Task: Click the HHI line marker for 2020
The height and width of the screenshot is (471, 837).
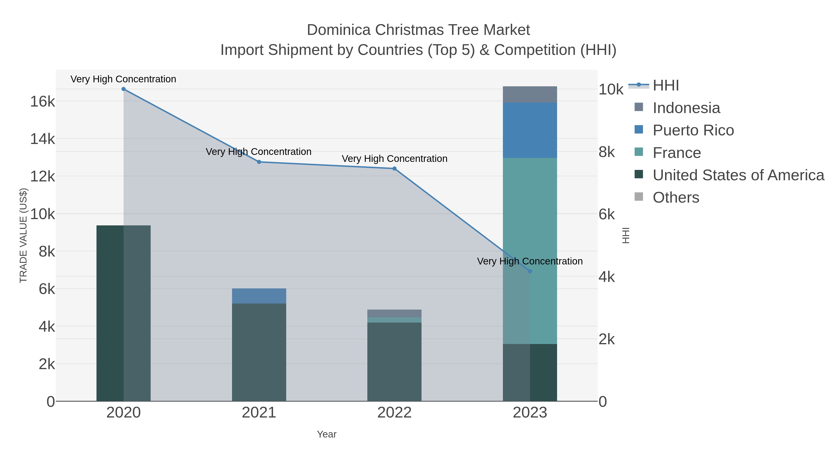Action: pos(123,89)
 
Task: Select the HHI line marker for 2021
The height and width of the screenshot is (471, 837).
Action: pos(259,162)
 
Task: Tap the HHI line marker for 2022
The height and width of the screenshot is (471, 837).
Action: pos(395,168)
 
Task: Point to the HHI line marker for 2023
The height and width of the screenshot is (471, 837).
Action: pos(530,271)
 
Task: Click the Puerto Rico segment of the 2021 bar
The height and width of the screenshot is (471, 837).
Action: pos(259,296)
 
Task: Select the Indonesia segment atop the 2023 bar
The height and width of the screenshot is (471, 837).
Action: pos(530,95)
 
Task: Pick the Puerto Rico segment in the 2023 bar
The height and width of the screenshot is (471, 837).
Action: pos(530,130)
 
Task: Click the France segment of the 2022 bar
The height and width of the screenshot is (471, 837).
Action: pos(395,320)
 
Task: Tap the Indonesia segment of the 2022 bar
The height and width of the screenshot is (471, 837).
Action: pos(395,313)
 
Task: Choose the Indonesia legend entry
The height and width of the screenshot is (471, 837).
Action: pos(686,108)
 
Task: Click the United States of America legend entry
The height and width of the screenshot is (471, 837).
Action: pos(738,175)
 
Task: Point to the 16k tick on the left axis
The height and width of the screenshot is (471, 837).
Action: pos(43,102)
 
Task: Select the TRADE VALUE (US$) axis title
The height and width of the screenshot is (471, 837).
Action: pos(23,235)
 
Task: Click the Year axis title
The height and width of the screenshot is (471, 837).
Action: pos(327,434)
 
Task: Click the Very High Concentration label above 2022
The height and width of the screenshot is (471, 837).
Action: pos(395,159)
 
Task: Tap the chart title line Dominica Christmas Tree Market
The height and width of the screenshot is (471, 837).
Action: pos(418,30)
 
